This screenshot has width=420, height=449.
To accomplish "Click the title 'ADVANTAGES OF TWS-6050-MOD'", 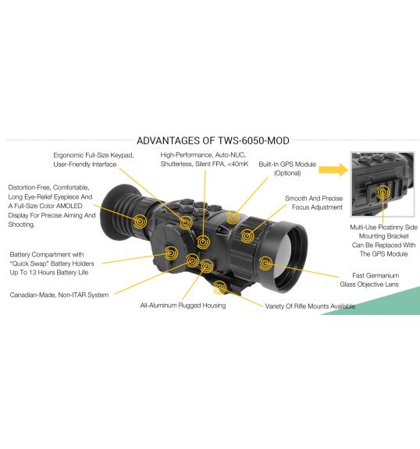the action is point(212,140).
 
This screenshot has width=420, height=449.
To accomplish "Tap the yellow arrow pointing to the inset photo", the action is point(333,170).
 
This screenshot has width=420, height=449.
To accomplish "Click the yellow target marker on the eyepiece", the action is point(140,221).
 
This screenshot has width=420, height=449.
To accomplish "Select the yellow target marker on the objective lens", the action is point(265,263).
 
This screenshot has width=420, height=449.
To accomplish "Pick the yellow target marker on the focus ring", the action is point(247,236).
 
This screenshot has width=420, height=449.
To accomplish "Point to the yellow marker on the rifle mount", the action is point(220,287).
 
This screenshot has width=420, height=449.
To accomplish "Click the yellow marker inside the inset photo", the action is point(383,193).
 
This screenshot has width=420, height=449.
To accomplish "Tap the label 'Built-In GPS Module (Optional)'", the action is point(287,168).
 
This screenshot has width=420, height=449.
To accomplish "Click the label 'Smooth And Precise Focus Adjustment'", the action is point(314,203).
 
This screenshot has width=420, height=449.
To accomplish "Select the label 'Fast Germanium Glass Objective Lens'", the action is point(369,280).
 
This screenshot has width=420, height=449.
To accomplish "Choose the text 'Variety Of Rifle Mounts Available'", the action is point(310,306).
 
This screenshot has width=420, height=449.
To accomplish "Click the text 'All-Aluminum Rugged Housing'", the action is point(183,306).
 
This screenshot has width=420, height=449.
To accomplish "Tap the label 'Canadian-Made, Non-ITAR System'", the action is point(59,295).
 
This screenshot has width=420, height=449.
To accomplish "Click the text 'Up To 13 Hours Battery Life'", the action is point(48,272).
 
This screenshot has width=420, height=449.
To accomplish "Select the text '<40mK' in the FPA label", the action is point(238,164).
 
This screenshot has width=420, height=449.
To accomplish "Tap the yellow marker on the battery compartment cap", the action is point(171,253).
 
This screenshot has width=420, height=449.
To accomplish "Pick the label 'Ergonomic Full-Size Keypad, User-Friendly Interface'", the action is point(94,160).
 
